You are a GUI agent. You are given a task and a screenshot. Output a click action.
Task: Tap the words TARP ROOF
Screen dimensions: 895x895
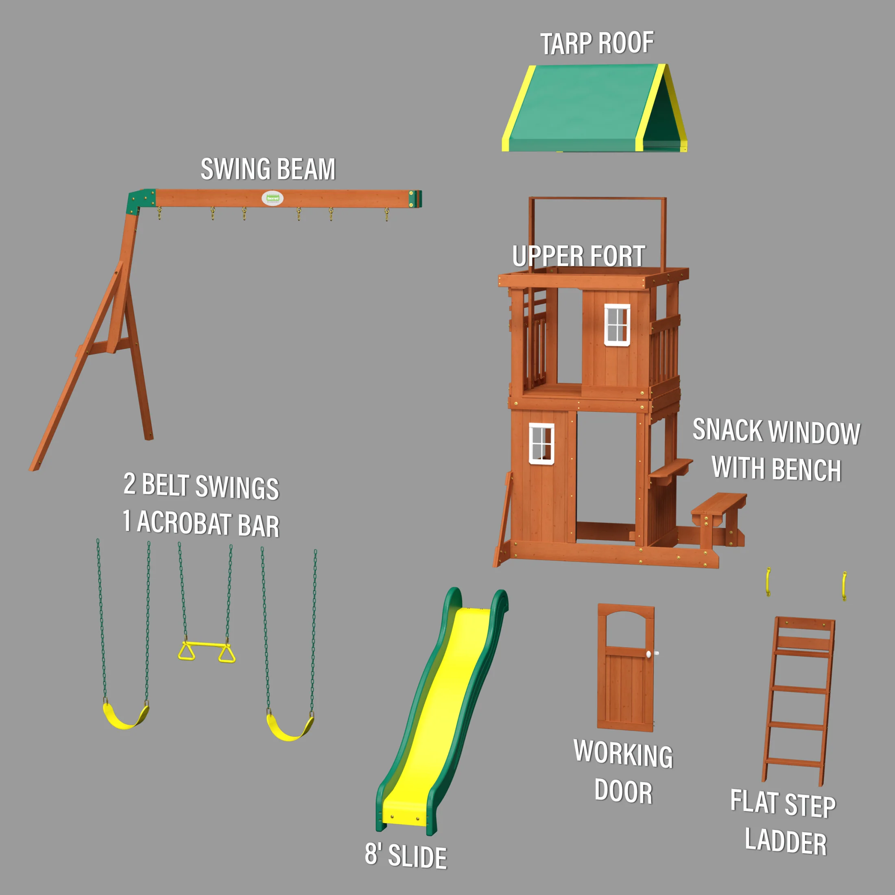(x=597, y=44)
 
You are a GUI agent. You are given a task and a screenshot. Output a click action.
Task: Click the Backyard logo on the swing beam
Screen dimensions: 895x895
(x=273, y=198)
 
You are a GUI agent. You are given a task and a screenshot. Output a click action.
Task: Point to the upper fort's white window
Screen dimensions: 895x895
(x=617, y=325)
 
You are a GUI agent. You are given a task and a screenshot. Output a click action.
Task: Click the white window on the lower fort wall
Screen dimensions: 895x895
(x=541, y=443)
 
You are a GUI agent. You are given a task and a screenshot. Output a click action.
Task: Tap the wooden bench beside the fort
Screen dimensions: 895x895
(x=718, y=504)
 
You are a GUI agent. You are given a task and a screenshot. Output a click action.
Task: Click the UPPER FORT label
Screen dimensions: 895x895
(x=578, y=256)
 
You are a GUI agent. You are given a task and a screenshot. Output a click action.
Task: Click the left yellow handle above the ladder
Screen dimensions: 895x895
(x=768, y=581)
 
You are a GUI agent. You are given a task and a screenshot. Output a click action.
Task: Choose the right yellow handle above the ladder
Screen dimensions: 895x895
(x=844, y=585)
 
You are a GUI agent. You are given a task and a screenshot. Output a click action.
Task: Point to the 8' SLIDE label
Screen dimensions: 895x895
(x=406, y=855)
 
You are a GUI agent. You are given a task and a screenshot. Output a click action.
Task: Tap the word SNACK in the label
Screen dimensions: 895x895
(x=727, y=430)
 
